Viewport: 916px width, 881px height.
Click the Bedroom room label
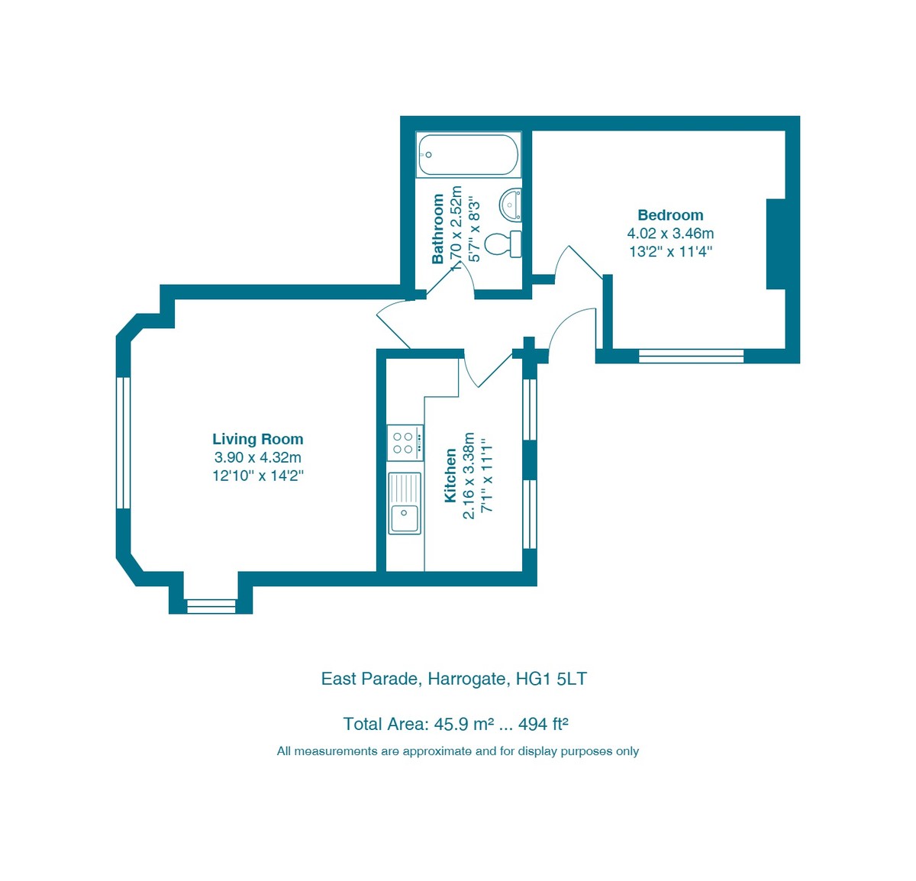point(670,215)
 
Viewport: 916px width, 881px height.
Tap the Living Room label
point(258,439)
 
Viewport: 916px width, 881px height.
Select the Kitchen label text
point(450,475)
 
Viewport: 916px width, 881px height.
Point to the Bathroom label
point(437,229)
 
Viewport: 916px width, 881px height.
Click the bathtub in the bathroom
point(468,155)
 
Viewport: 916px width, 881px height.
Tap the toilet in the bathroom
point(503,244)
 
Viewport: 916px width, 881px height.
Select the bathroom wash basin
point(511,204)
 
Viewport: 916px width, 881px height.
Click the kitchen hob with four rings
point(404,443)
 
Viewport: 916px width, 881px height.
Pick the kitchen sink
point(404,503)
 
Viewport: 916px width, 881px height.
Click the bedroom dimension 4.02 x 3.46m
point(670,234)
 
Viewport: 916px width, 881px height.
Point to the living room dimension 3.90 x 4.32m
point(258,457)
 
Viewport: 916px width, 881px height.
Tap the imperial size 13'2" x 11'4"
point(670,251)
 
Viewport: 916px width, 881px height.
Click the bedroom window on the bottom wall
point(691,356)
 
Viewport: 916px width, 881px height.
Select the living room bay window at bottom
point(211,606)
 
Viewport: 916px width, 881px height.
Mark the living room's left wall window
point(123,443)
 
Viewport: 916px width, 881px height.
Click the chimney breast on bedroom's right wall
point(776,244)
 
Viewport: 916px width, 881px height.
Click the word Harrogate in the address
point(466,679)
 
